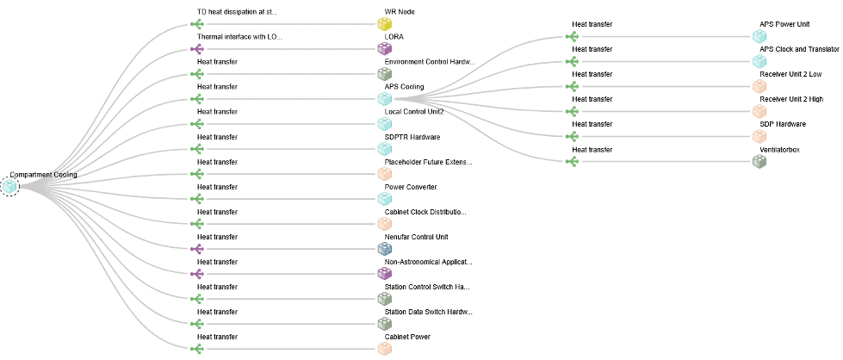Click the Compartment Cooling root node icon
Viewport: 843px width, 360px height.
click(x=9, y=187)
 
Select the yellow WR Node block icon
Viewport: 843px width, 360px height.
click(x=384, y=23)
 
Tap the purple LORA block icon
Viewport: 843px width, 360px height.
click(x=384, y=49)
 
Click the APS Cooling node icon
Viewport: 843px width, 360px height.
click(x=384, y=98)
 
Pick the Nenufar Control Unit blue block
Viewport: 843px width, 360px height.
click(x=384, y=249)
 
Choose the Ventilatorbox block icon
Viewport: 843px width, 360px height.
click(x=759, y=161)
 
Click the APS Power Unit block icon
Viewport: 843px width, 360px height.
click(x=759, y=36)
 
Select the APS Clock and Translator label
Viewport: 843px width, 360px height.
click(x=799, y=49)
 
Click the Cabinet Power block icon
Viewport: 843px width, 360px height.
click(x=384, y=349)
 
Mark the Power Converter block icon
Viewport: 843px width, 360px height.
click(x=384, y=199)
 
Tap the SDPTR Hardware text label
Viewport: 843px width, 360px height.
click(x=412, y=137)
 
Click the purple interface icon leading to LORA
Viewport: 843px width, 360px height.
click(x=197, y=49)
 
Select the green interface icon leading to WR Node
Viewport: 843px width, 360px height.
click(x=197, y=24)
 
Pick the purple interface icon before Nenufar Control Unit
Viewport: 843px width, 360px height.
click(x=197, y=249)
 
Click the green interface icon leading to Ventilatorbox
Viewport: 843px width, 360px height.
click(x=572, y=161)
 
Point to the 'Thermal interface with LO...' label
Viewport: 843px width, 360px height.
click(x=239, y=36)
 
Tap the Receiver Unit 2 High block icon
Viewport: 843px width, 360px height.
click(x=759, y=111)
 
